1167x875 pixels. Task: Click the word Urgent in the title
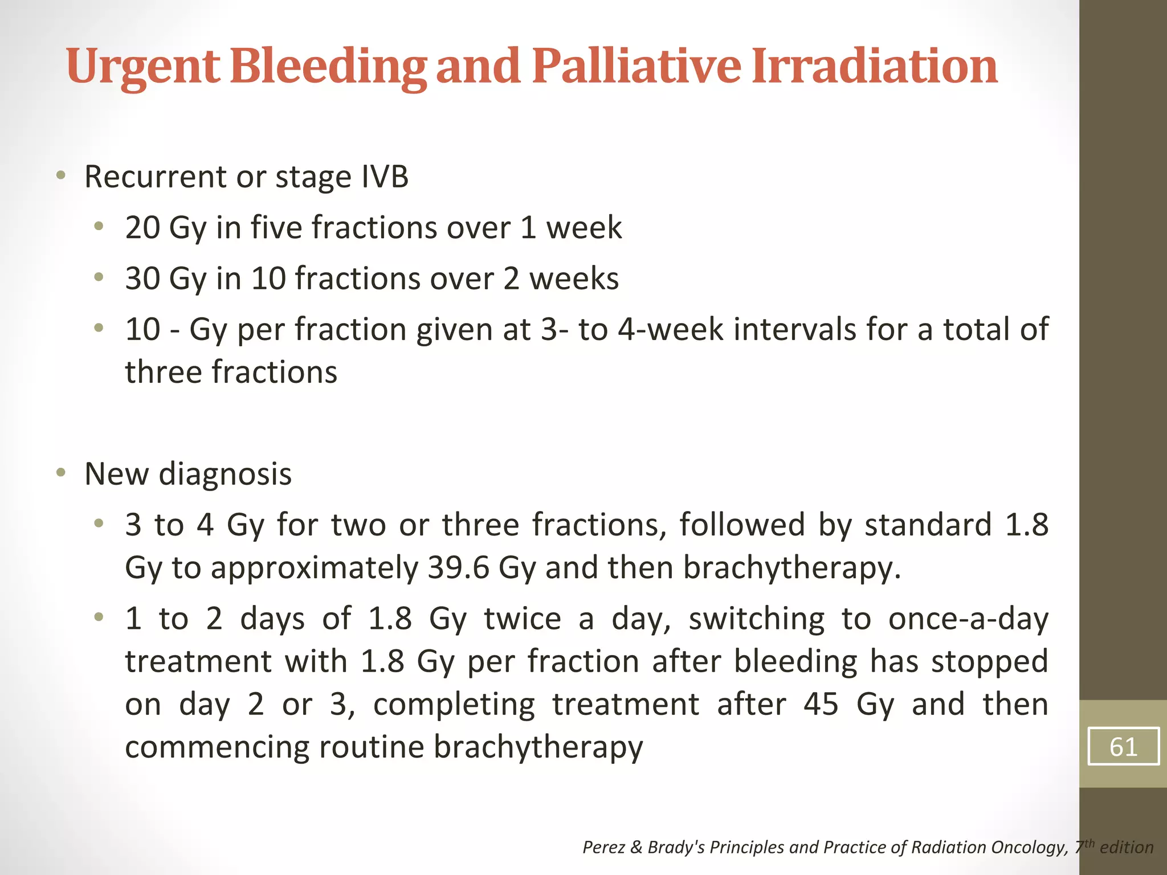tap(142, 67)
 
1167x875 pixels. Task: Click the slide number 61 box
tap(1123, 746)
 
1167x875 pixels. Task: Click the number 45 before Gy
tap(821, 704)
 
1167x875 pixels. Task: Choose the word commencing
tap(217, 747)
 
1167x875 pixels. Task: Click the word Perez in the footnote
tap(603, 848)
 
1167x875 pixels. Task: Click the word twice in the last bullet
tap(523, 619)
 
